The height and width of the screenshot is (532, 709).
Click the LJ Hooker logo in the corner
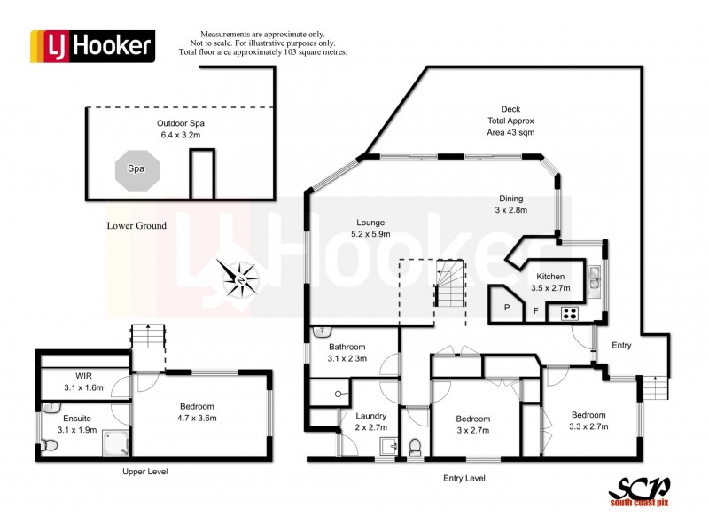(92, 45)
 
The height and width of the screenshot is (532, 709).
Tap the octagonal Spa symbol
(136, 167)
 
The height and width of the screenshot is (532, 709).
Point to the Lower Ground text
(137, 226)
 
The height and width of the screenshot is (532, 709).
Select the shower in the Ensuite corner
(115, 441)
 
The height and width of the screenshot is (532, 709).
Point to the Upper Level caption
(144, 472)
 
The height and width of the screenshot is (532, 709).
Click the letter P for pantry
(507, 308)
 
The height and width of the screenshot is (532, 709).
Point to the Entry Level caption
(464, 479)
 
